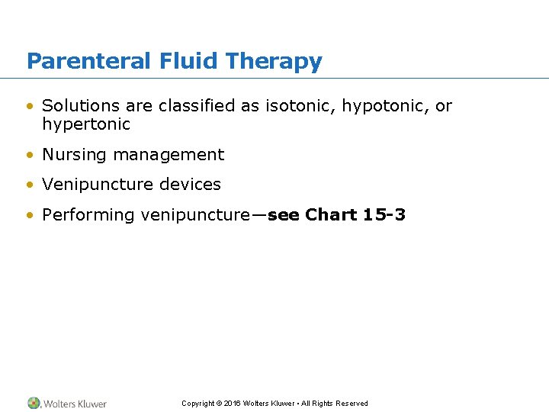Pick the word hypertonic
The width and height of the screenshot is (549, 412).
pos(86,124)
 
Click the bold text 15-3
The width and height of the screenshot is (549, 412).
pos(384,215)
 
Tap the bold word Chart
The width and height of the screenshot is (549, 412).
pos(331,215)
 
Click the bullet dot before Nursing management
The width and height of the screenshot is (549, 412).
pos(30,155)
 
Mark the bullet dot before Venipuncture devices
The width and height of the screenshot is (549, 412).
pos(30,185)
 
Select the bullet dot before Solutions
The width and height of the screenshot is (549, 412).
pos(30,107)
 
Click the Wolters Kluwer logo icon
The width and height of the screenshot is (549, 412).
pos(34,403)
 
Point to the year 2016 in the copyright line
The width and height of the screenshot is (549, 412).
pos(232,404)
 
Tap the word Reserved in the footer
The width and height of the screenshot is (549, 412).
pos(352,404)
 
